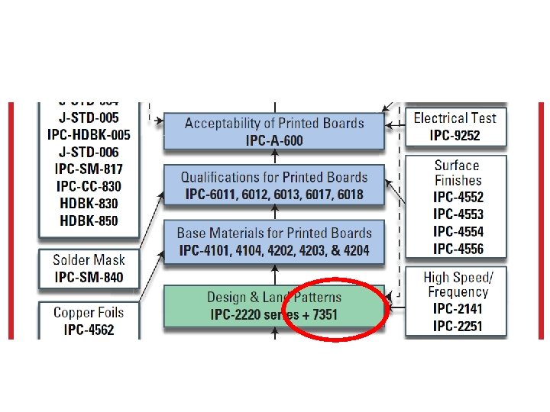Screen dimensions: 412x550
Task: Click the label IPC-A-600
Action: click(274, 140)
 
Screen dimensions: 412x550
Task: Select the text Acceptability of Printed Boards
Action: click(274, 123)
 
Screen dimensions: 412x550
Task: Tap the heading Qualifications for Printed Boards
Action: click(274, 177)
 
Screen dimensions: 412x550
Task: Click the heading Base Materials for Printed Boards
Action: click(274, 233)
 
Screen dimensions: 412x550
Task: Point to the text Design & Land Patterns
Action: click(274, 297)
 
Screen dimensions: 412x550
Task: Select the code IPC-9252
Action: click(455, 136)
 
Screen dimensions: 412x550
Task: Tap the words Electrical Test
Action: click(455, 118)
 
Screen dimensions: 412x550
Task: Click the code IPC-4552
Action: click(458, 198)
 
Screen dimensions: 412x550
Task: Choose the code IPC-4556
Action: click(458, 249)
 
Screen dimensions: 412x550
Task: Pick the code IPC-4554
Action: click(458, 232)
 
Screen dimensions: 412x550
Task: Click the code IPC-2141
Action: click(457, 309)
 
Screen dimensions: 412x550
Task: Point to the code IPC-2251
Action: click(457, 327)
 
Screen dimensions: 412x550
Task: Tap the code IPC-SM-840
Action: click(88, 277)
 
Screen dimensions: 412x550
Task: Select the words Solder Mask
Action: click(88, 260)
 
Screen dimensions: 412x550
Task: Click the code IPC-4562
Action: click(88, 330)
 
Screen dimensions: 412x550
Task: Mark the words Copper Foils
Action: click(88, 312)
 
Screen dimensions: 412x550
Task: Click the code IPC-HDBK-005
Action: click(89, 135)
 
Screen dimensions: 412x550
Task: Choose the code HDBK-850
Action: click(89, 220)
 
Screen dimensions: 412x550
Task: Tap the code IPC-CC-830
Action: click(89, 186)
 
